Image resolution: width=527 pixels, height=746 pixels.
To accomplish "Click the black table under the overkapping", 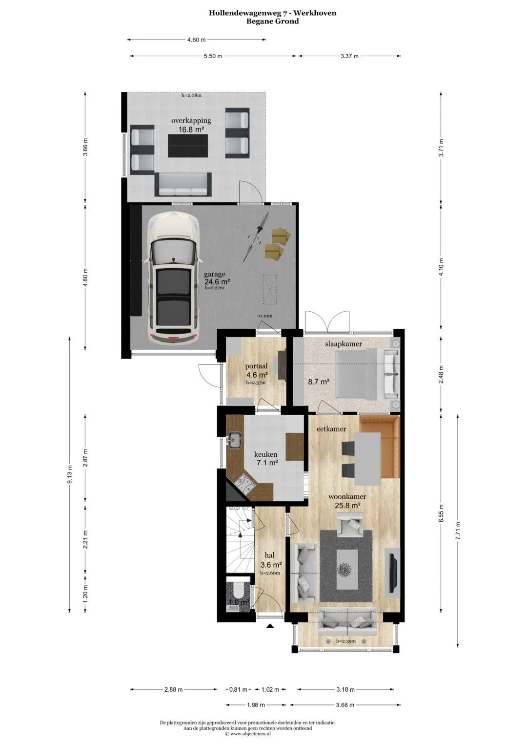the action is [x=188, y=146].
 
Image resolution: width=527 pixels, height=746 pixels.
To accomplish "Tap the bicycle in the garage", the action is [x=256, y=237].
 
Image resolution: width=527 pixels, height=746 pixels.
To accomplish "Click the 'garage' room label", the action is [x=214, y=275].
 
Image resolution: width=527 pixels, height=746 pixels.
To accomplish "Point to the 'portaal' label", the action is [x=256, y=366].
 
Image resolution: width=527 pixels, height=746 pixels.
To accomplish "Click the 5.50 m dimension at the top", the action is [x=213, y=56].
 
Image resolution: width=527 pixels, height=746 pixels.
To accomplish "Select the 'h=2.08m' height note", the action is [x=191, y=96].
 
